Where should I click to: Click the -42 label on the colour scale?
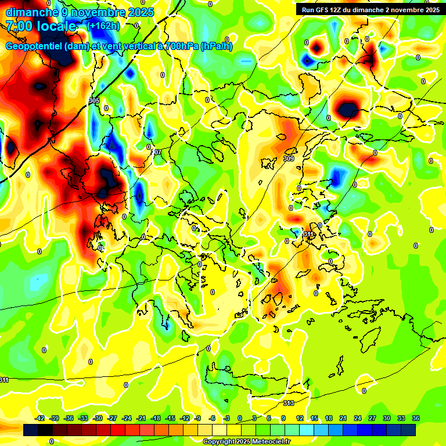point(40,418)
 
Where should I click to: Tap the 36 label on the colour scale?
point(416,418)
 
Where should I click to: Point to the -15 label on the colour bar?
point(170,418)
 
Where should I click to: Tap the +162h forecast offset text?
point(103,26)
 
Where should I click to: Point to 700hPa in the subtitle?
point(178,46)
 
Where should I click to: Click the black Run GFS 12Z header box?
point(368,10)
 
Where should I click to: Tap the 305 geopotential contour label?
point(94,101)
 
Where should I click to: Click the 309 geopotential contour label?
point(289,159)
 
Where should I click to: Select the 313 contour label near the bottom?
point(289,403)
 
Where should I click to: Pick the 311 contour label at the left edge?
point(4,380)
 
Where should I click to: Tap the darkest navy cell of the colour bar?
point(408,430)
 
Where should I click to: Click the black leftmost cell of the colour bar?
point(31,430)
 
